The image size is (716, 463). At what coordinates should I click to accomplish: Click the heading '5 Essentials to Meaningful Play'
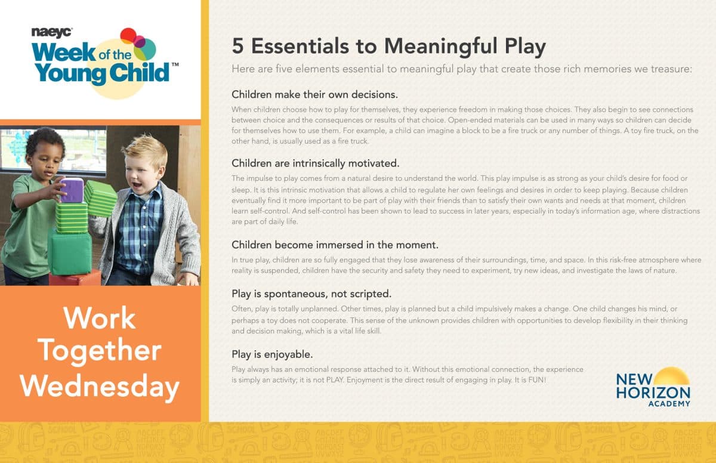[x=388, y=47]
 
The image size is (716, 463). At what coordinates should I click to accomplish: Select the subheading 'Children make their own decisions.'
[x=314, y=95]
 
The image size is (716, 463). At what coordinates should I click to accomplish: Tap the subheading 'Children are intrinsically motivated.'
[x=315, y=163]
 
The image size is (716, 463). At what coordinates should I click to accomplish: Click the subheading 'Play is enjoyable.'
[x=272, y=354]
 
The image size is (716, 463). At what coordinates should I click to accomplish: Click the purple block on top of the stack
[x=72, y=190]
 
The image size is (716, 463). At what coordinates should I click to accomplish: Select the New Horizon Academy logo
[x=653, y=387]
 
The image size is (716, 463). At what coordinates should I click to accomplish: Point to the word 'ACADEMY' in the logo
[x=669, y=403]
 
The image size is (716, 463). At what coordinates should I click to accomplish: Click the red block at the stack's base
[x=75, y=279]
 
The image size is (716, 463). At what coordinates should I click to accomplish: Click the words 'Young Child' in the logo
[x=101, y=73]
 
